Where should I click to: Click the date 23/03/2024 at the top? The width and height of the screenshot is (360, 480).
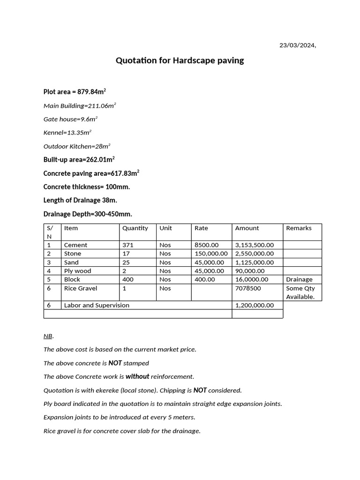point(298,45)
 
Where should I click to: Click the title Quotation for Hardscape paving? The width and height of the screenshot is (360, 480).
point(180,60)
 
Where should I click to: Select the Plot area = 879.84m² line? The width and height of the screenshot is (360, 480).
point(78,91)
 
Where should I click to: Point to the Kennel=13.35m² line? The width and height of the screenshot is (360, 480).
point(67,133)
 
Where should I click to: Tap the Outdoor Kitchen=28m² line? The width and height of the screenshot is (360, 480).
point(77,146)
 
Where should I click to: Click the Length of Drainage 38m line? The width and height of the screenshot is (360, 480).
point(80,200)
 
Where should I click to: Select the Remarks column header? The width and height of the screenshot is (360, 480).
point(299,228)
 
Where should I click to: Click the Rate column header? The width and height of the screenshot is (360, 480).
point(202,228)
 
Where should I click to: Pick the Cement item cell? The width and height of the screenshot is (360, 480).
point(76,245)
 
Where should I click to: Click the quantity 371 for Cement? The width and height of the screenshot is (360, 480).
point(128,245)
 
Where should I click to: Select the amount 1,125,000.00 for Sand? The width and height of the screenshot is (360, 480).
point(255,262)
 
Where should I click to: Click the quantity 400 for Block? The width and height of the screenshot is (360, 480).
point(128,279)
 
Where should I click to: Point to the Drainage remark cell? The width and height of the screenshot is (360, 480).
point(299,279)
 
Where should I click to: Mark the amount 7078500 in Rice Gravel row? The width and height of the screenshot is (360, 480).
point(248,288)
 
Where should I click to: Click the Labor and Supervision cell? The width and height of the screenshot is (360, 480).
point(97,305)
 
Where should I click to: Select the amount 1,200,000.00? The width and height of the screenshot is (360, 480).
point(255,305)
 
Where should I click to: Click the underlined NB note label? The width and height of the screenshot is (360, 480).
point(48,336)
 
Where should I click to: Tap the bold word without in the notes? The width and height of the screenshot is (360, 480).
point(137,376)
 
